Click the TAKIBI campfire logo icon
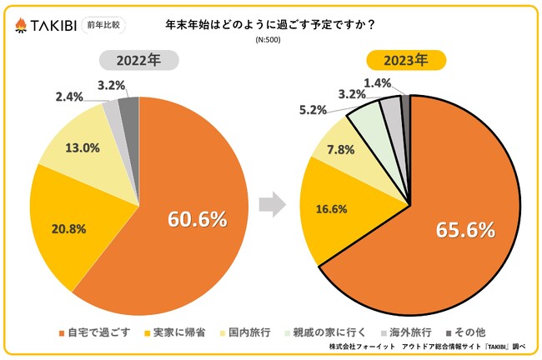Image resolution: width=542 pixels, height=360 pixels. click(x=21, y=26)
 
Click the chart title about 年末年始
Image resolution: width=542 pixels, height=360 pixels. click(x=270, y=24)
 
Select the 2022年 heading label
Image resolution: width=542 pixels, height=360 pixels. click(x=138, y=60)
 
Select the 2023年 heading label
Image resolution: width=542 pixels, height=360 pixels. click(x=407, y=60)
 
